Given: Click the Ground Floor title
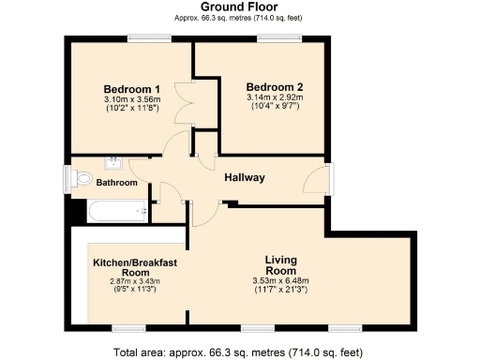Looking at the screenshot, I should tap(239, 7).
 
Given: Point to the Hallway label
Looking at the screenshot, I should tap(244, 177).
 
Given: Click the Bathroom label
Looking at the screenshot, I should tap(117, 182).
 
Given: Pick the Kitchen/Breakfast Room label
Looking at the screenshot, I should tap(136, 267).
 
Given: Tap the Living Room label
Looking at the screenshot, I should tap(280, 264).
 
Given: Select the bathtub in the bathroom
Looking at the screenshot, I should tap(116, 211).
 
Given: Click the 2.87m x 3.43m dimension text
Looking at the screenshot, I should tap(136, 281).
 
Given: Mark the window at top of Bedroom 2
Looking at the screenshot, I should tap(274, 37).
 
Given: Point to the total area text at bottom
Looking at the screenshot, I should tap(239, 352).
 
